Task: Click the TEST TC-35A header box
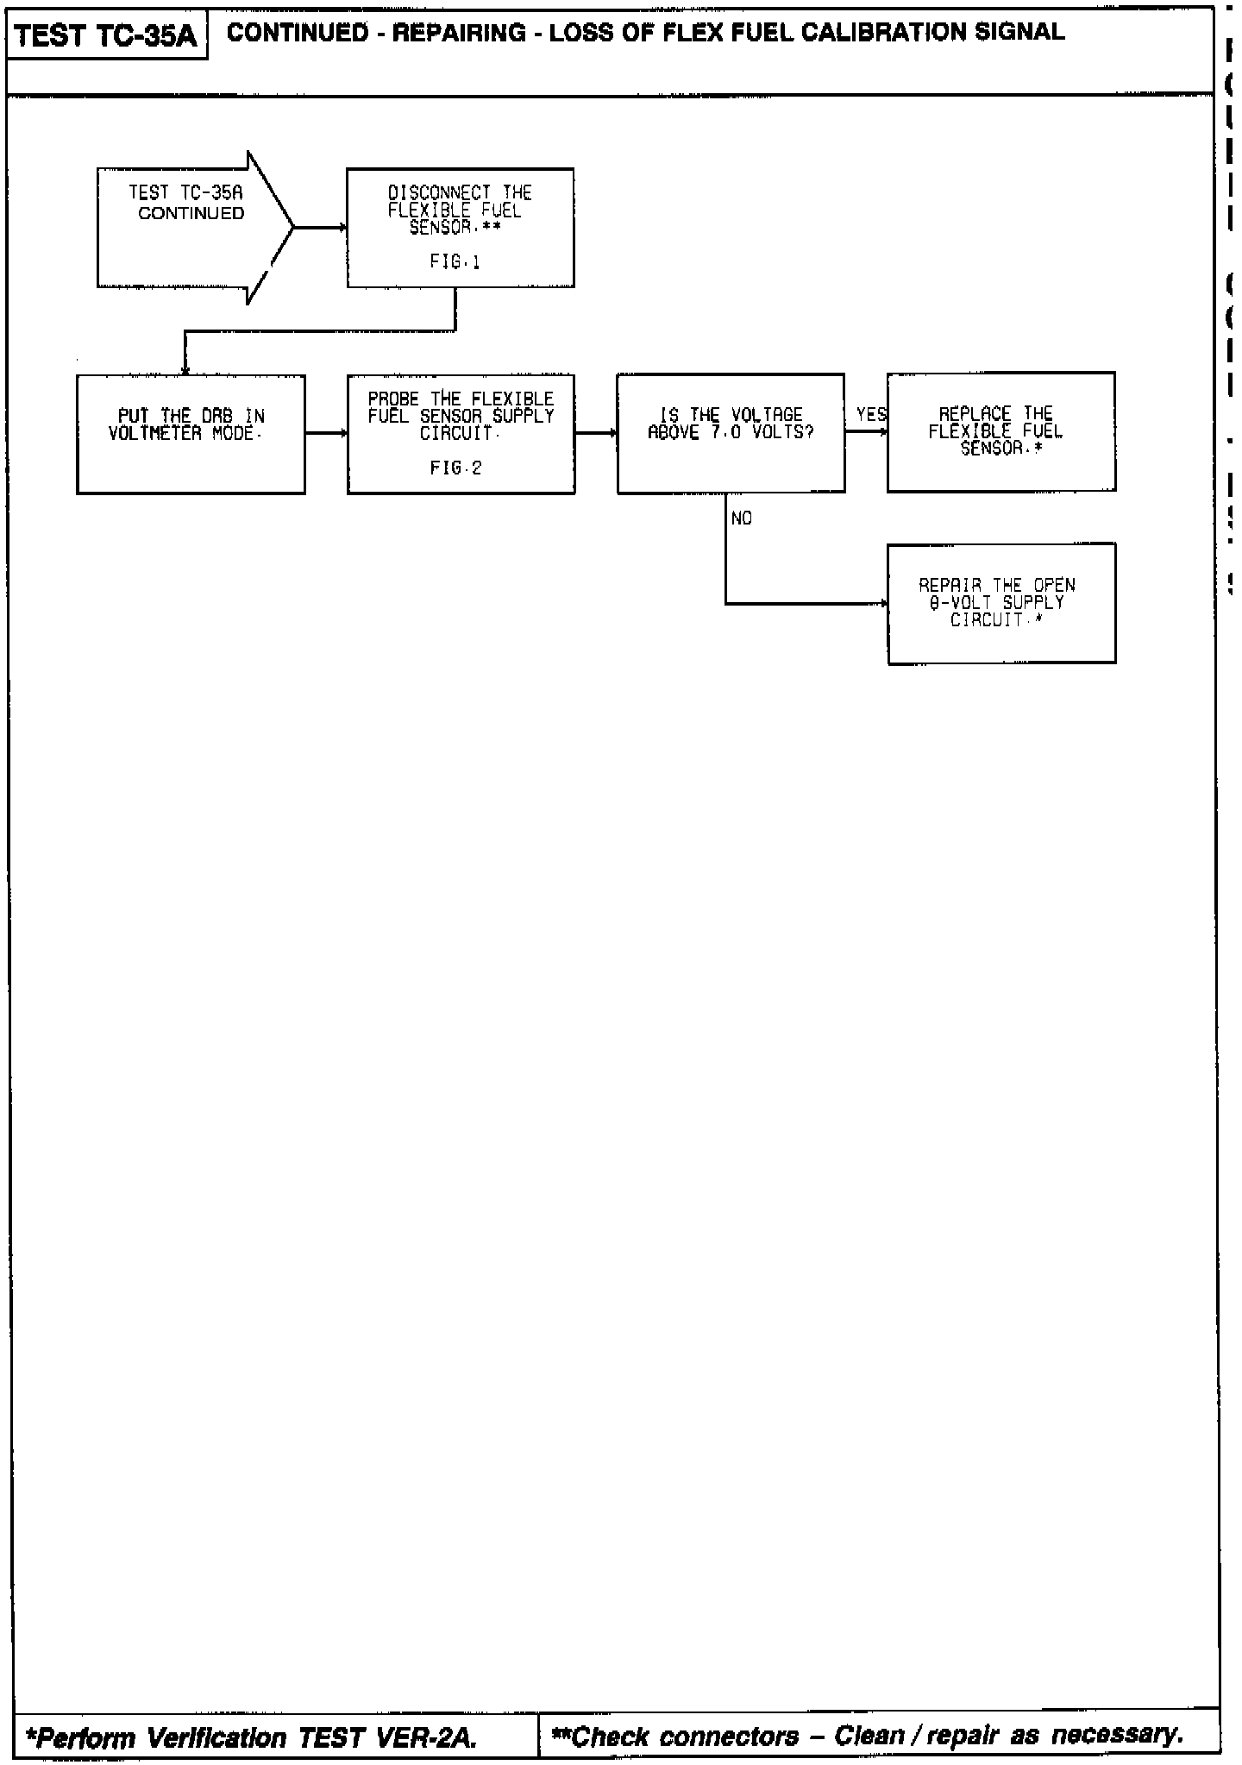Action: pos(106,36)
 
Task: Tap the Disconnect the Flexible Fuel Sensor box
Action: pos(461,228)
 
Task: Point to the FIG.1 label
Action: pos(455,261)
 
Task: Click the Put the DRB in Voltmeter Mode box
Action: pos(191,434)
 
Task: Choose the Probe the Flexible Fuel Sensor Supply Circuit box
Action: pos(461,434)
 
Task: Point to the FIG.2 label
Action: pos(455,468)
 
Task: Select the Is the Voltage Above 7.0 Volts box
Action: pos(731,433)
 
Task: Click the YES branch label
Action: pos(871,415)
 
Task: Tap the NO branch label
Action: pos(742,518)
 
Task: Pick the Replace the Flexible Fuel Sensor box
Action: pos(1000,431)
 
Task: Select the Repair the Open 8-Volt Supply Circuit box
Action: pos(1000,603)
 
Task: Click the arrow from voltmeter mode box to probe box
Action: pos(326,434)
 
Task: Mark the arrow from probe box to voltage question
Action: pos(596,434)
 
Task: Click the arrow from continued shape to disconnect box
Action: pos(320,228)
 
